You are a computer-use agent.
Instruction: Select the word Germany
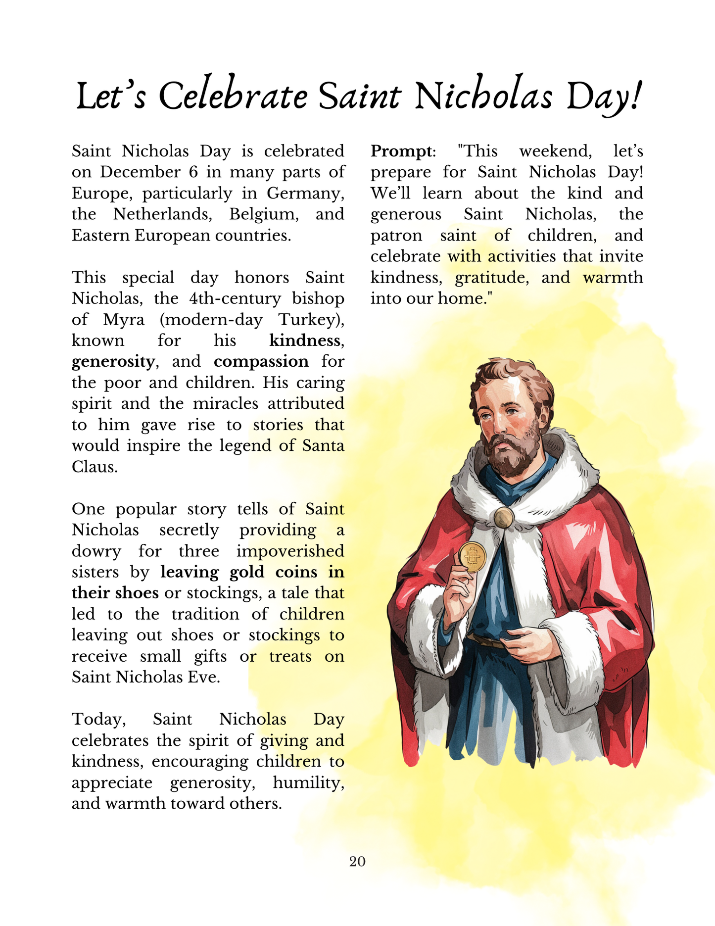pos(305,194)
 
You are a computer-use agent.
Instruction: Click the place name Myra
pos(124,320)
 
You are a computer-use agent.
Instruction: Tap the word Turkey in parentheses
pos(310,320)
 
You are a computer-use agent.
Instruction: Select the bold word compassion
pos(261,362)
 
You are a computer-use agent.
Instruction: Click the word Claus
pos(94,467)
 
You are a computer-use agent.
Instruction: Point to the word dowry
pos(96,551)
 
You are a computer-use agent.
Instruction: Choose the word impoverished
pos(290,551)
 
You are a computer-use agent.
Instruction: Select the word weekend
pos(555,151)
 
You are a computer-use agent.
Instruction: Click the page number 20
pos(357,862)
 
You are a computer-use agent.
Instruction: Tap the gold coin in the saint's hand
pos(473,557)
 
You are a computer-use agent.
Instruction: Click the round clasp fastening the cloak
pos(504,518)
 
